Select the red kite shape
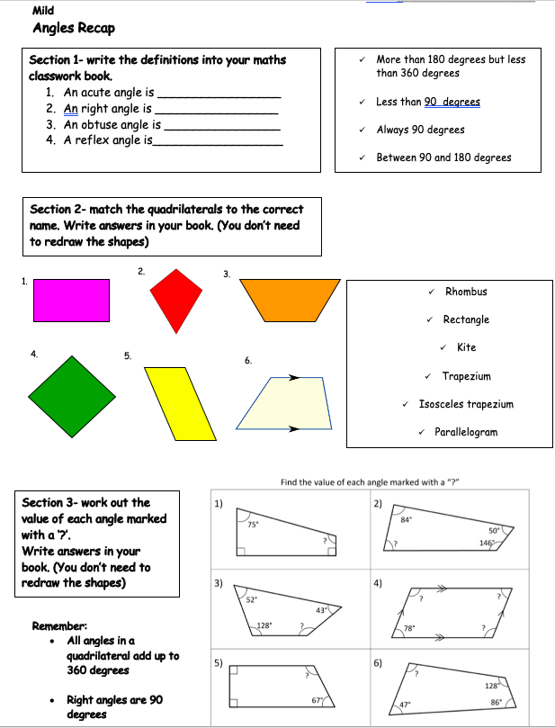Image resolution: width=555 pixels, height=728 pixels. [x=177, y=298]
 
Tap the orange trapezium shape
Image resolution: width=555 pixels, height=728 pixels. [x=291, y=299]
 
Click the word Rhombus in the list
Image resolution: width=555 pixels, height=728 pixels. [x=466, y=292]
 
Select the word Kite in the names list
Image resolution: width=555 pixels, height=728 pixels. [x=466, y=347]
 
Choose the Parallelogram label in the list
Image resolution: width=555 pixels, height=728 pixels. [x=465, y=432]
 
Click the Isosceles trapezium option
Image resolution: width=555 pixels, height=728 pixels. [x=466, y=404]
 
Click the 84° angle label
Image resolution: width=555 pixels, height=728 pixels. [x=406, y=519]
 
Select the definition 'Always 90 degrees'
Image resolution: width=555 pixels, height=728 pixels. [x=420, y=130]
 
